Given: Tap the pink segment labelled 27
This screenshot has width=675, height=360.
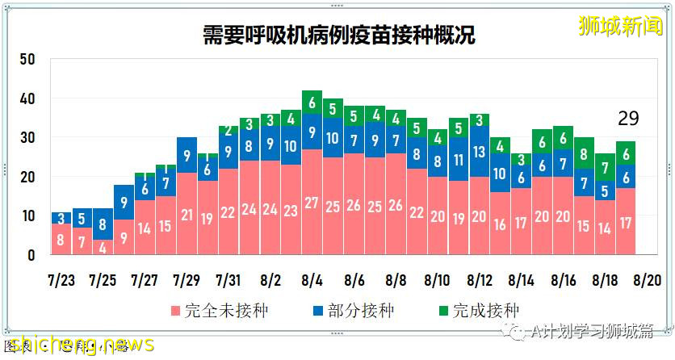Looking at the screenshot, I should (x=312, y=202).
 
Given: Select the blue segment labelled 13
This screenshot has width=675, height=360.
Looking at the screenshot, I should (x=480, y=152).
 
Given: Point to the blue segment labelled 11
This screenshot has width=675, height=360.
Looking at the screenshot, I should (x=459, y=159).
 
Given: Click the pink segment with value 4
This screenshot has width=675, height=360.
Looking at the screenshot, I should (x=103, y=247).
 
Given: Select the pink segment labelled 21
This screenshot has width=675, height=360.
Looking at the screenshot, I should (x=187, y=214).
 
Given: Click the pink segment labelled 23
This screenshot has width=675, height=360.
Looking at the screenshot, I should (x=291, y=210).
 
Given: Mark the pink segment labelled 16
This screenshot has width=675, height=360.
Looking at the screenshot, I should (x=501, y=224).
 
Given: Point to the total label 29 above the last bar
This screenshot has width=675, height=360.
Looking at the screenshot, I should (x=628, y=119).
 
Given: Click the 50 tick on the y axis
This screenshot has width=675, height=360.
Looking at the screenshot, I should (x=27, y=59).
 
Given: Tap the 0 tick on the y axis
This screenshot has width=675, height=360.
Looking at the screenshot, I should (x=31, y=255).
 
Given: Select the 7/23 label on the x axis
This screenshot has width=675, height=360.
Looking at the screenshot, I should (x=62, y=280).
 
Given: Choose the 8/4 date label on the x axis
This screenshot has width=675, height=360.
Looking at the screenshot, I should (x=312, y=280).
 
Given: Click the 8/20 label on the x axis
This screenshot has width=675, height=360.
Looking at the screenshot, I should (x=648, y=280).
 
